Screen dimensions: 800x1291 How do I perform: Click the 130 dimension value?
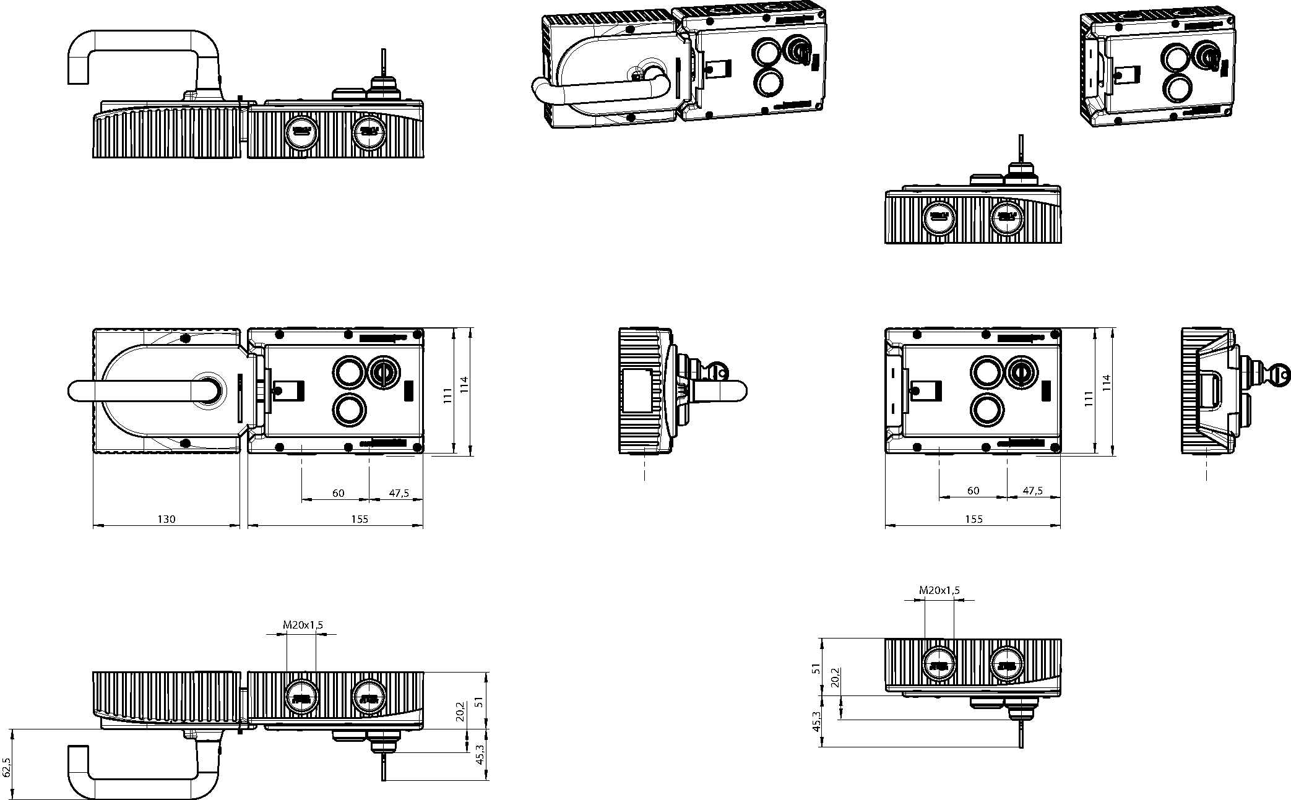tap(166, 518)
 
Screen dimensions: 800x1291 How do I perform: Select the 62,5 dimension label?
tap(7, 767)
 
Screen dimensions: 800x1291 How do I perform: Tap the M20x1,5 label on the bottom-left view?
tap(303, 625)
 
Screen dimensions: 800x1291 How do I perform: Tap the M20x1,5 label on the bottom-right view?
tap(939, 590)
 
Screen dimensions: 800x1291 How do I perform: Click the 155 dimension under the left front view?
tap(359, 518)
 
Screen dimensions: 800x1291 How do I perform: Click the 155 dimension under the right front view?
tap(974, 518)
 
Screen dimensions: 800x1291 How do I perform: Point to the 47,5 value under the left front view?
tap(399, 493)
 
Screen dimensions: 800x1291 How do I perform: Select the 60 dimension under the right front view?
tap(973, 491)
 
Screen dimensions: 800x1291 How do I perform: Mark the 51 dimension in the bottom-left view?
tap(478, 701)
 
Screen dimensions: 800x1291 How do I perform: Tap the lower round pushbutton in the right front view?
tap(987, 410)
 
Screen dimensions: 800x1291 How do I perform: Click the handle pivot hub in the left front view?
tap(206, 390)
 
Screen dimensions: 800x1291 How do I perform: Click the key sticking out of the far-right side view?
tap(1281, 374)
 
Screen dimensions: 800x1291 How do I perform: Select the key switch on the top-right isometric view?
tap(1206, 56)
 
